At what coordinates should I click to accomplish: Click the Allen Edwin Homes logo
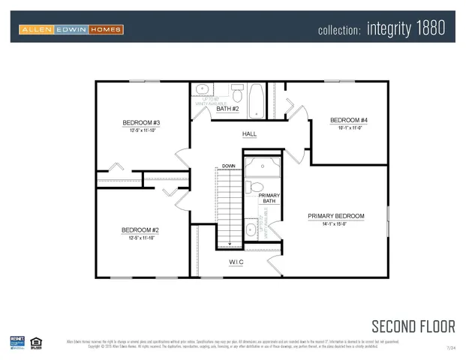71,29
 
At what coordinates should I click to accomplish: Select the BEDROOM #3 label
141,122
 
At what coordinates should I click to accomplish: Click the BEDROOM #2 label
141,230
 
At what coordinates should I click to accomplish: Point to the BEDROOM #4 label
348,120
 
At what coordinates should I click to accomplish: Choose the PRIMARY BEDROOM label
335,216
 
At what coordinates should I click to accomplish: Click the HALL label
249,134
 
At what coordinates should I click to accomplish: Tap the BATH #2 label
227,109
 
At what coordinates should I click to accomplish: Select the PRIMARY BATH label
269,199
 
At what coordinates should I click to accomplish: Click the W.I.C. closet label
236,262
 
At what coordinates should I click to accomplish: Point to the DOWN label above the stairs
229,166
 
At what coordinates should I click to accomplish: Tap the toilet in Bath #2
237,94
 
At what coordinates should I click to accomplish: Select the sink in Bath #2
203,91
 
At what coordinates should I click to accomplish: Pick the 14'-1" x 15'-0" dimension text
335,223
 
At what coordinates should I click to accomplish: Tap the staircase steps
229,206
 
